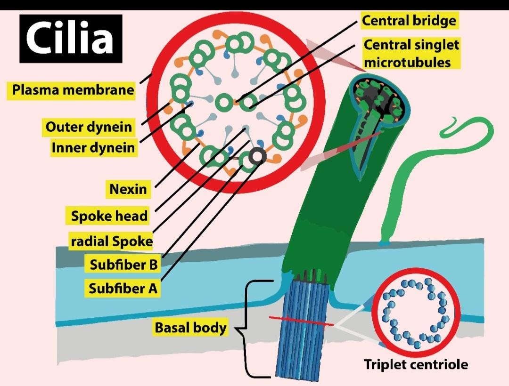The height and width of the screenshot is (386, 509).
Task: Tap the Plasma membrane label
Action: point(73,90)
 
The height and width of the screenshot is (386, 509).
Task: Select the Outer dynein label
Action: point(89,127)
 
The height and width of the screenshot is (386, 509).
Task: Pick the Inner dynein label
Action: point(93,148)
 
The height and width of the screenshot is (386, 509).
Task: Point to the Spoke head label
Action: point(109,216)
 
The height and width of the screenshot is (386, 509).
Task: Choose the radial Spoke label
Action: point(112,241)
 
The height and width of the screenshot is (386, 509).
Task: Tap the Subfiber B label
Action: point(123,265)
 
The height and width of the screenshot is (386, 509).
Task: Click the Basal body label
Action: point(190,328)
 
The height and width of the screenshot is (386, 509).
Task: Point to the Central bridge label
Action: point(409,21)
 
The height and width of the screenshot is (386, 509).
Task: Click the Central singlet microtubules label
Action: point(411,53)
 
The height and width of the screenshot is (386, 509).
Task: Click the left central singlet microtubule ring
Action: point(224,101)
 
